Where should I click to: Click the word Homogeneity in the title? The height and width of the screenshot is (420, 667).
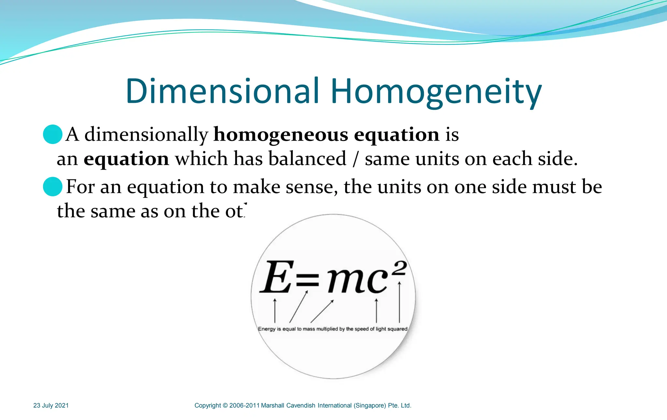point(436,92)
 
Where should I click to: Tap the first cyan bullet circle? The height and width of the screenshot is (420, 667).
point(53,134)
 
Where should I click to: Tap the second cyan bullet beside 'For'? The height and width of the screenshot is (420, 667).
point(53,187)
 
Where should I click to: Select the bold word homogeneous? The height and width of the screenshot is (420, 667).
point(281,135)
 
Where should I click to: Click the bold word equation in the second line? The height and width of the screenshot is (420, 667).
point(126,159)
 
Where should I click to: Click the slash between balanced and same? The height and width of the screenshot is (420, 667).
point(356,160)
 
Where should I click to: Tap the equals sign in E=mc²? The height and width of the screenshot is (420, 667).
point(307,279)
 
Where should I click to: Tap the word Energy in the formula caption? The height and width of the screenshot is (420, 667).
point(267,329)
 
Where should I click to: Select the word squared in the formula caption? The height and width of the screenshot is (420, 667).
point(397,329)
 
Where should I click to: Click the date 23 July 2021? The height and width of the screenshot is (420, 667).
point(51,405)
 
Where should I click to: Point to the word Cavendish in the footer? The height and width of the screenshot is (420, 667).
point(301,406)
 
